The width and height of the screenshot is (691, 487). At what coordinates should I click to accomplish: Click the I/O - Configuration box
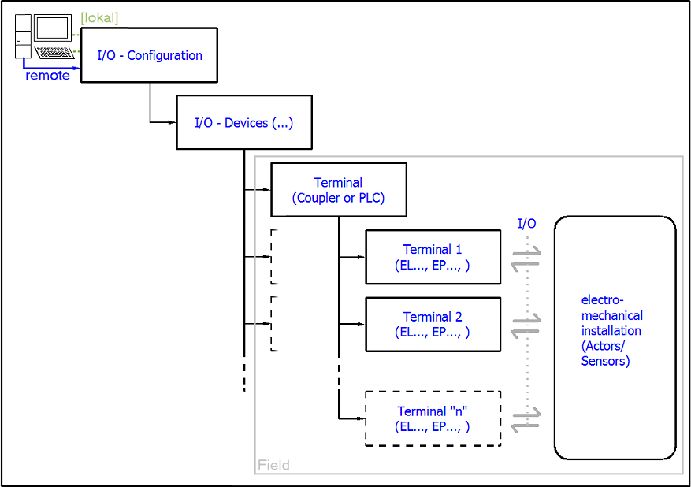click(149, 56)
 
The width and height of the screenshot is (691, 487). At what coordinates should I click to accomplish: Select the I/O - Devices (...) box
click(243, 123)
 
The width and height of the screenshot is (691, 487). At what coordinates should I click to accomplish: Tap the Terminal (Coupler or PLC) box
click(338, 190)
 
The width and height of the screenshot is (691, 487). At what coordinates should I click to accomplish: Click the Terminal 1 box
click(433, 257)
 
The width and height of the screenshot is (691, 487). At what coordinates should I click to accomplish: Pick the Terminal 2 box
click(433, 324)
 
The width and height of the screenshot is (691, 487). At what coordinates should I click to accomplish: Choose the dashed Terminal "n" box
click(433, 418)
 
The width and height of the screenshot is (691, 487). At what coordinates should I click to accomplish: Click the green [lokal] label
click(99, 18)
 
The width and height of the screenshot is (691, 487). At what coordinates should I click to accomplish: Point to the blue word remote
click(47, 76)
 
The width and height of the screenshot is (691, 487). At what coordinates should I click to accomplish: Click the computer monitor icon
click(53, 29)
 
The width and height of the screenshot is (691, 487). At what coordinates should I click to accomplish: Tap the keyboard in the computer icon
click(54, 53)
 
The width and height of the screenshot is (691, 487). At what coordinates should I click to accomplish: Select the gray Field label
click(273, 465)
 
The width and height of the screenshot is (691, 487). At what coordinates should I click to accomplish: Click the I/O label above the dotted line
click(526, 224)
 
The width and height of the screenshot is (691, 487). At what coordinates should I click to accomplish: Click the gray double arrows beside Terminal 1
click(526, 258)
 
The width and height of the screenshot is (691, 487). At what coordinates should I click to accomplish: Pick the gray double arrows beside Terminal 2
click(526, 325)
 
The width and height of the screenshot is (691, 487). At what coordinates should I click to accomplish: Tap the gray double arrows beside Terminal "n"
click(526, 418)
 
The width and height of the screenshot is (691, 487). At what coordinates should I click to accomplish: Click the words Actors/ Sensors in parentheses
click(605, 354)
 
